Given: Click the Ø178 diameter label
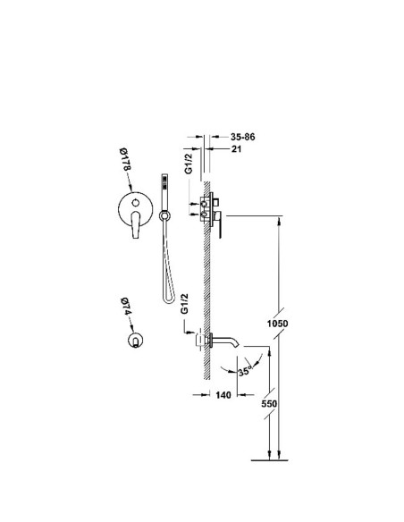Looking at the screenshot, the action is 125,159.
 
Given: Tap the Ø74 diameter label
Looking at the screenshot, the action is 125,307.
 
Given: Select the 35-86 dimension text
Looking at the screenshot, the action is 243,137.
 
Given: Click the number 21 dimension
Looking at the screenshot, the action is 236,148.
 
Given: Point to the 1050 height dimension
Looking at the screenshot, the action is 278,324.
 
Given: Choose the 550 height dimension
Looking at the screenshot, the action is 269,403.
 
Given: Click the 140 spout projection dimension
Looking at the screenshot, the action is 223,395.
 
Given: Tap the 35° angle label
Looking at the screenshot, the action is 246,371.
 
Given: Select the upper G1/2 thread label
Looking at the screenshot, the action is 189,163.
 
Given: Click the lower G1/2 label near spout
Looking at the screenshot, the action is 184,304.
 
